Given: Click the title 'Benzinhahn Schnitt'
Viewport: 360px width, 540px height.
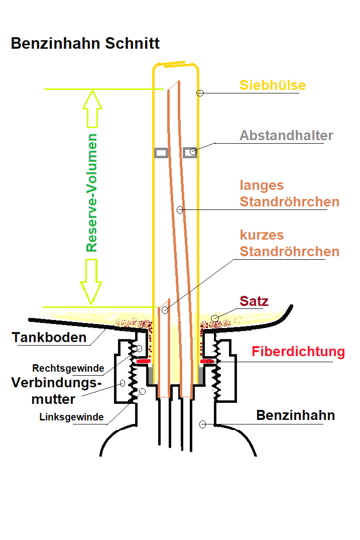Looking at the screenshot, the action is (85, 43).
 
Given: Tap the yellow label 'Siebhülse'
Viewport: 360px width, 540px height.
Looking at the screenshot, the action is (273, 85).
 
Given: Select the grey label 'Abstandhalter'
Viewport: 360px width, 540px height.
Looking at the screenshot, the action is (286, 135).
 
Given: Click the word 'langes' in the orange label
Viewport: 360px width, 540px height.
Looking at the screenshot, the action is (262, 186).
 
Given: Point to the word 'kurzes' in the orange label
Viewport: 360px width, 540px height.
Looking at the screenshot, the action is (262, 235).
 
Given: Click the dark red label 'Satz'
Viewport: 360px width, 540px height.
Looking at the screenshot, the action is (254, 301).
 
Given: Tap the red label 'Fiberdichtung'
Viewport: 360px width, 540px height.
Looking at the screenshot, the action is (298, 352).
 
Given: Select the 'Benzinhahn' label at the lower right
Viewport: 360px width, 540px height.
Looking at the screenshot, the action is (295, 415).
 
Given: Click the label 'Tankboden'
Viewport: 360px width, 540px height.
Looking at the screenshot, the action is (49, 338).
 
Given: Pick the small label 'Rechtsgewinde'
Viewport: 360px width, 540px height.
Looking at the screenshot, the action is (68, 368).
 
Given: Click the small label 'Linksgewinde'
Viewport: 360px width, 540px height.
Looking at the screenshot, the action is (71, 417).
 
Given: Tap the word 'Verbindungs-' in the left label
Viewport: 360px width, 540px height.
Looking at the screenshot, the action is (56, 383).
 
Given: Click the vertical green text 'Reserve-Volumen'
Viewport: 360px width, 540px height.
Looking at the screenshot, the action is (91, 193).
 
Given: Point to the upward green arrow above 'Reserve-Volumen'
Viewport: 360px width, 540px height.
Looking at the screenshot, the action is (92, 109).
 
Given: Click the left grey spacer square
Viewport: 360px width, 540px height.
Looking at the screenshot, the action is (161, 153).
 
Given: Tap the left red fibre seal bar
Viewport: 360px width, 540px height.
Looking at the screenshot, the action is (144, 361).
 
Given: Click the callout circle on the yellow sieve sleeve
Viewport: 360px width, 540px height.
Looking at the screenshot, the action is (200, 93).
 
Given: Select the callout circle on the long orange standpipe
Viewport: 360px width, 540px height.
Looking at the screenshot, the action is (180, 210).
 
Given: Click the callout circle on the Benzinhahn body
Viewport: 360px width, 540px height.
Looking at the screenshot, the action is (203, 424).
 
